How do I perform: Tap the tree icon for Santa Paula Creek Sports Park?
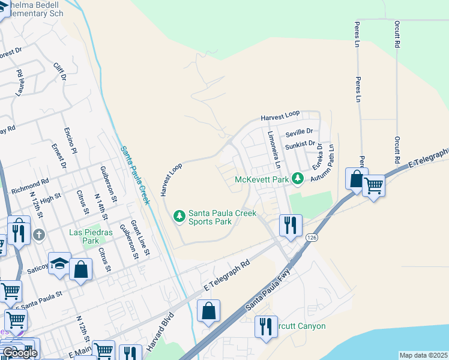click(x=178, y=215)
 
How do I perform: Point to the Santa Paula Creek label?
click(x=134, y=176)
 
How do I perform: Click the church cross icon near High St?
click(x=39, y=235)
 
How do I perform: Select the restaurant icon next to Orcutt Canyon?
click(x=265, y=327)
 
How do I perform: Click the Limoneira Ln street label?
click(x=274, y=149)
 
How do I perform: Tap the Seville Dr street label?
click(x=299, y=131)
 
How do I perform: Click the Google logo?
click(x=19, y=353)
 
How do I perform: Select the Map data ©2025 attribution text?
click(x=423, y=355)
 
